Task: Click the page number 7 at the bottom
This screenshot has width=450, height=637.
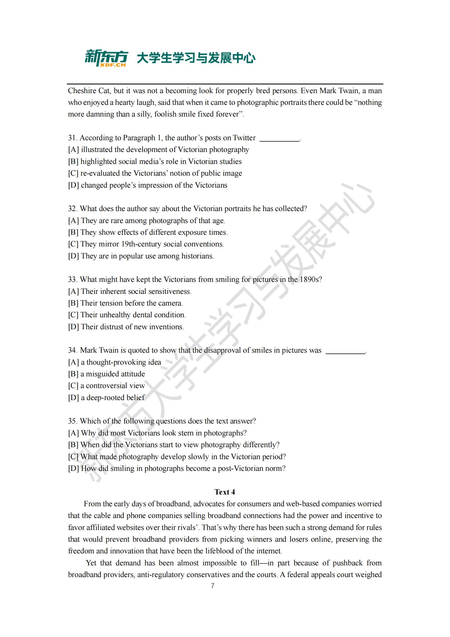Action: pyautogui.click(x=212, y=586)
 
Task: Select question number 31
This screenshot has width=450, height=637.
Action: pyautogui.click(x=72, y=138)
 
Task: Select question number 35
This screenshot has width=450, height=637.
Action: pyautogui.click(x=72, y=421)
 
